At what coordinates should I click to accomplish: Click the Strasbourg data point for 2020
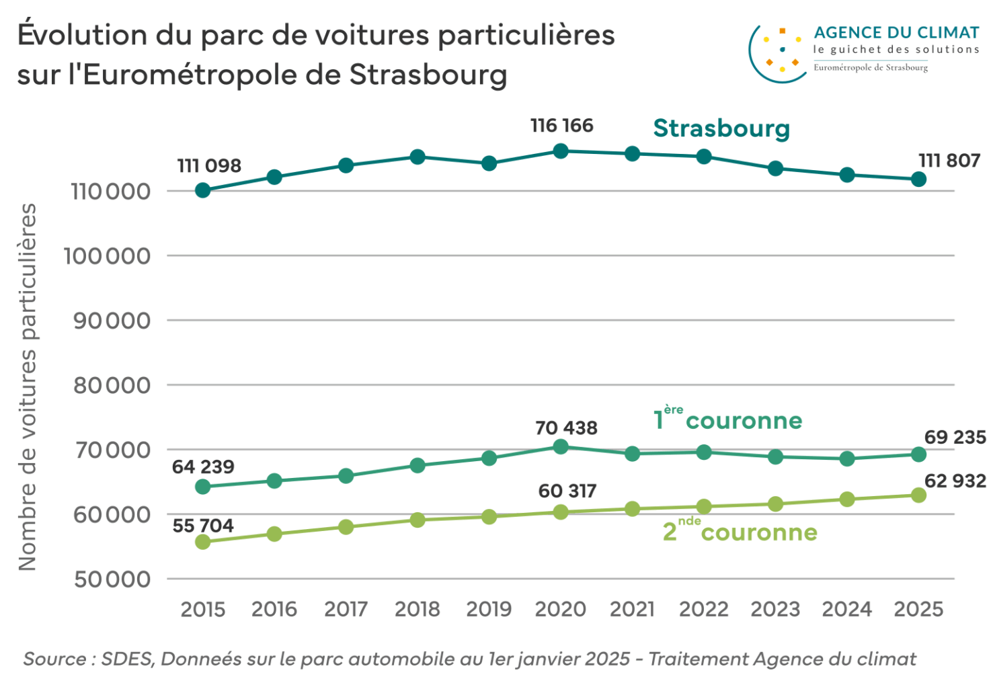tap(561, 151)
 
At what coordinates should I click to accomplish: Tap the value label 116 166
tap(561, 126)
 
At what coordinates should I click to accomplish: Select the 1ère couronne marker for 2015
tap(203, 487)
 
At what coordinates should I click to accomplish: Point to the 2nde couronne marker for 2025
tap(918, 495)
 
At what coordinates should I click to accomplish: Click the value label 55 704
tap(203, 526)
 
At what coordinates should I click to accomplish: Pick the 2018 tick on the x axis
tap(417, 609)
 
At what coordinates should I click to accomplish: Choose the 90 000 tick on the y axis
tap(112, 321)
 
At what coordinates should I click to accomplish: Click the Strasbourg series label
tap(721, 128)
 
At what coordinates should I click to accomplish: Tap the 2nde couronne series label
tap(740, 531)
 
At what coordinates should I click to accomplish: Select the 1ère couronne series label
tap(727, 419)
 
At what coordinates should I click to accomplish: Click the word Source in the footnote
tap(54, 659)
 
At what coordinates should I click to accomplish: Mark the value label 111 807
tap(949, 161)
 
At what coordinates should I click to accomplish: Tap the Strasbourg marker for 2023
tap(775, 168)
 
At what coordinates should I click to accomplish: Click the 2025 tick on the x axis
tap(918, 609)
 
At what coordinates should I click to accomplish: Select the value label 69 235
tap(955, 437)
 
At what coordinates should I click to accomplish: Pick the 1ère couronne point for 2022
tap(704, 452)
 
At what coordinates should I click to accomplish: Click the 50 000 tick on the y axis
tap(112, 579)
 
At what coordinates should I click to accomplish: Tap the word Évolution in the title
tap(82, 35)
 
